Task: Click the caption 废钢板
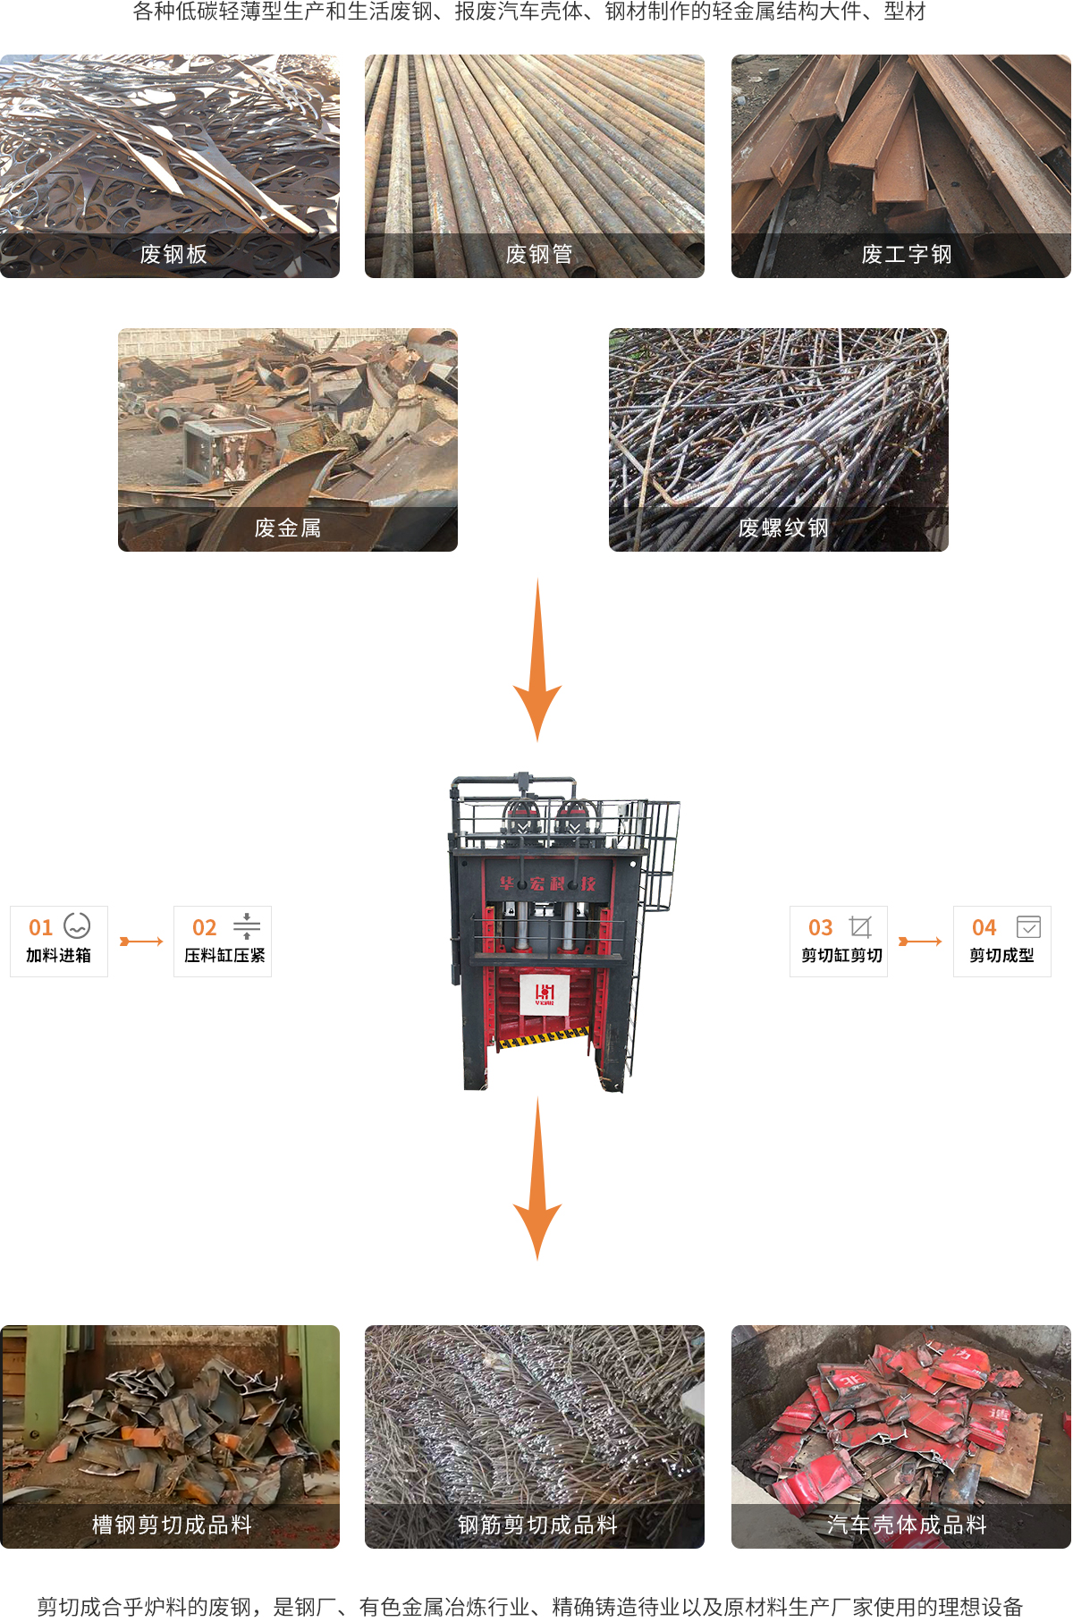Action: [x=173, y=255]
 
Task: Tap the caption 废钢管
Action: [x=539, y=255]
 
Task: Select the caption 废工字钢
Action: [x=907, y=255]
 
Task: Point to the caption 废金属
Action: [x=288, y=528]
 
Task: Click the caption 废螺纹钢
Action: [x=783, y=528]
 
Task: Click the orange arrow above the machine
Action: [x=537, y=660]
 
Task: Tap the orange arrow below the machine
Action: [x=537, y=1178]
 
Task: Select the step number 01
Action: [x=41, y=927]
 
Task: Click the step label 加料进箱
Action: [x=59, y=955]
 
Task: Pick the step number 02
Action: [x=205, y=927]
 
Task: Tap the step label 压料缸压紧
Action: [x=224, y=955]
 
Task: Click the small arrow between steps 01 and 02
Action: [x=141, y=942]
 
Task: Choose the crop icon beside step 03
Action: [x=860, y=926]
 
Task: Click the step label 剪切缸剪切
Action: [x=841, y=955]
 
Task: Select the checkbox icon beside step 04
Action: [x=1028, y=926]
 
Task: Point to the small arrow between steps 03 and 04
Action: [x=920, y=942]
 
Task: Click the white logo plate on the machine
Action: [x=545, y=994]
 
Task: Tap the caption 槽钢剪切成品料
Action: [x=173, y=1525]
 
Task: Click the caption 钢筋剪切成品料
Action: [x=538, y=1525]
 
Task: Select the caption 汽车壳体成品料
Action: [x=907, y=1525]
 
